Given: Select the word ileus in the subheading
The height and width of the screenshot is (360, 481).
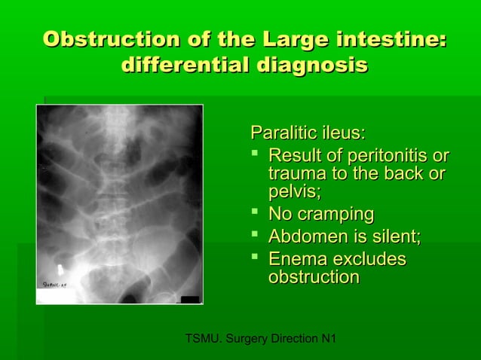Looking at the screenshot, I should (343, 134).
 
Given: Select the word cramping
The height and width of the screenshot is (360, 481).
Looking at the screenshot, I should (336, 215).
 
